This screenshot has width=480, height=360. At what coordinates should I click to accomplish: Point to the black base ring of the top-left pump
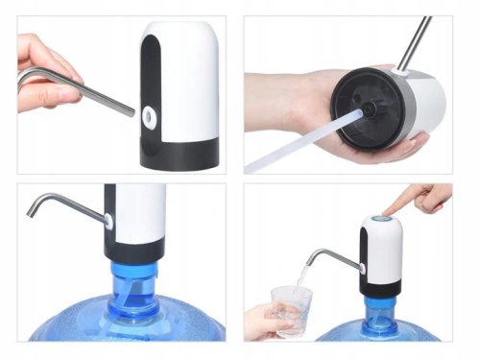182,155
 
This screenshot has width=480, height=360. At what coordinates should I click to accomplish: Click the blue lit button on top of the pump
382,221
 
